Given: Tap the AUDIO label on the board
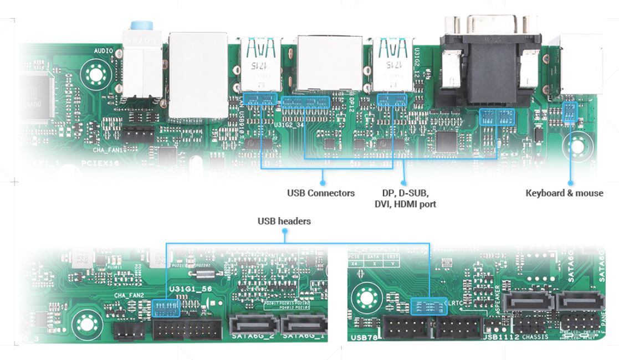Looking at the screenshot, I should (x=103, y=51).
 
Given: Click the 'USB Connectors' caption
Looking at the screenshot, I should (x=321, y=193).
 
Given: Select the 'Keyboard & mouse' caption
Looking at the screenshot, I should (x=564, y=193).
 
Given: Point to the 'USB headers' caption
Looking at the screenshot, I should (x=284, y=221).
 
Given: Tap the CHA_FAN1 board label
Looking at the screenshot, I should (x=106, y=150).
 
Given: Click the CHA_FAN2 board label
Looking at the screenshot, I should (x=129, y=296).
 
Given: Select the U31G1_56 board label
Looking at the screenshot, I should (x=189, y=289).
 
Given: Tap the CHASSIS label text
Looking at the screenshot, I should (x=535, y=337).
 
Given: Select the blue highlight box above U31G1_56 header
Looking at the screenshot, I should (x=165, y=307).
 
